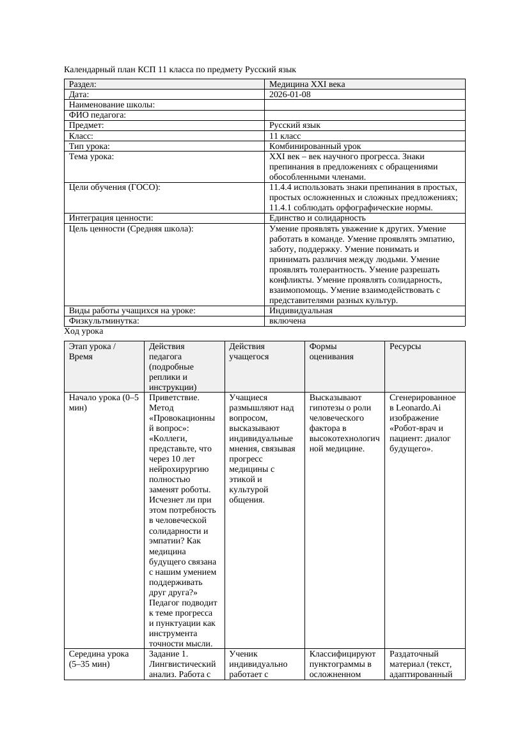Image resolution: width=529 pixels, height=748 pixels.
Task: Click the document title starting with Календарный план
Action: tap(180, 69)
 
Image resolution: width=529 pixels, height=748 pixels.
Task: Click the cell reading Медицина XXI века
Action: tap(306, 84)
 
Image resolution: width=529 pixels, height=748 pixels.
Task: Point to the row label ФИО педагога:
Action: tap(97, 115)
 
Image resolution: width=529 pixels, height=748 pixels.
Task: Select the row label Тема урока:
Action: tap(91, 157)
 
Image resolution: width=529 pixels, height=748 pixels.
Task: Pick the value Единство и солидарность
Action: tap(317, 218)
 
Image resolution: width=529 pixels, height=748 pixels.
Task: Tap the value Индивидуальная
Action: tap(301, 311)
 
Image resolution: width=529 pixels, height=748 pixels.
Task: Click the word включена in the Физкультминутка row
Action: tap(287, 321)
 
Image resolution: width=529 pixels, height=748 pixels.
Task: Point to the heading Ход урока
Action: tap(83, 331)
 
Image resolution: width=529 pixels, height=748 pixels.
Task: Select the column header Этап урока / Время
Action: tap(92, 351)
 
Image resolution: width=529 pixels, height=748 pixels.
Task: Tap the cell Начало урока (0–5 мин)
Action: tap(103, 402)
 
